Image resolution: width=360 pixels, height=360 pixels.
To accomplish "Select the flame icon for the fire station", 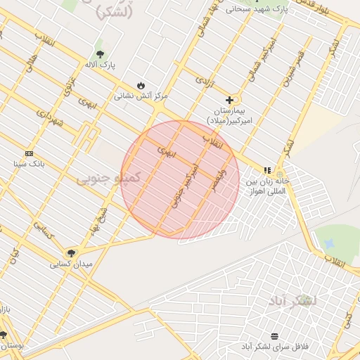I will tap(141, 84).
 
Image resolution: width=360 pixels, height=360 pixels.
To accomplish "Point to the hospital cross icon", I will tap(229, 100).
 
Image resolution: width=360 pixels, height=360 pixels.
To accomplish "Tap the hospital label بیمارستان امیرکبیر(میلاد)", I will tap(229, 117).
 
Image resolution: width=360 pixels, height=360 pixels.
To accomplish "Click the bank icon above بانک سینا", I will tap(29, 153).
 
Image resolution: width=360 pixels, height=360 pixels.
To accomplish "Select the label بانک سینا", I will tap(29, 164).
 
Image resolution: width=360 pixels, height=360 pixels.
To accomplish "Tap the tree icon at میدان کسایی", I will tap(71, 252).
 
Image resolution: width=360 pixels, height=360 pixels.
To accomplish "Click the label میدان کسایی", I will tap(71, 264).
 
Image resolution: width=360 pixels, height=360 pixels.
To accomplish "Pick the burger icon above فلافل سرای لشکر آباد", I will tap(274, 335).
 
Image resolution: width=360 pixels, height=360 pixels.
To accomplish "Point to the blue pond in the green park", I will tap(328, 243).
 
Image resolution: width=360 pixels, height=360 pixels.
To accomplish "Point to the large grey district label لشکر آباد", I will tap(292, 300).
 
